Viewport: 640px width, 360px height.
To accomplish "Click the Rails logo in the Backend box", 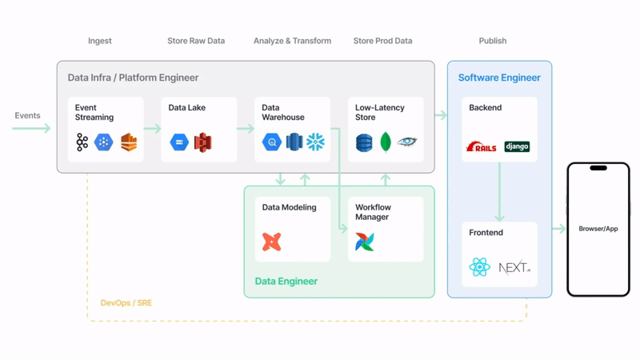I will (482, 146).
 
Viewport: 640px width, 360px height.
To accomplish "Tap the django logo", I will (517, 146).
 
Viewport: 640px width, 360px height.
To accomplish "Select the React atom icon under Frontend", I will (480, 267).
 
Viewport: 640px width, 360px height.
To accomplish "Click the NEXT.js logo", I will (514, 267).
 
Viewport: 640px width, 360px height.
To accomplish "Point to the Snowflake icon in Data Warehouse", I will (316, 142).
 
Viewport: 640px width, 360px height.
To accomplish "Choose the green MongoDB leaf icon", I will (386, 142).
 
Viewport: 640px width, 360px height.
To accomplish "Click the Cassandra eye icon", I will (407, 142).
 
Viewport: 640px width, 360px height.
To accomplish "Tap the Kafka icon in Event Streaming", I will (82, 142).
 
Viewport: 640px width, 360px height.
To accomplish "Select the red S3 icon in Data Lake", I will (202, 142).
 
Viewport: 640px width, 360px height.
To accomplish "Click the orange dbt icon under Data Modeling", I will (272, 241).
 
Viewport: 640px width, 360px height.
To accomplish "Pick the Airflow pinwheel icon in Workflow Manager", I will (365, 241).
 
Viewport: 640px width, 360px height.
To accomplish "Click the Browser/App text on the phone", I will (598, 229).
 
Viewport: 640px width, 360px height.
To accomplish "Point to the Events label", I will (27, 116).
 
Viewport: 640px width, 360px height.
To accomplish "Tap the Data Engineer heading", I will (286, 281).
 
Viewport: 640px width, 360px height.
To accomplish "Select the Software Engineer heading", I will (499, 78).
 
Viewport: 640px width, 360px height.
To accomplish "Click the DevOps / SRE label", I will (124, 303).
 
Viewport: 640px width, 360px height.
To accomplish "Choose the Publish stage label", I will (492, 41).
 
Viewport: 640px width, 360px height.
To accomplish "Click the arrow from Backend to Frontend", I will (499, 192).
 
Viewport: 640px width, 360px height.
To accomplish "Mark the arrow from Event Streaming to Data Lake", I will (152, 127).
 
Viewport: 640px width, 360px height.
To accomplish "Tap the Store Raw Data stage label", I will (196, 41).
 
